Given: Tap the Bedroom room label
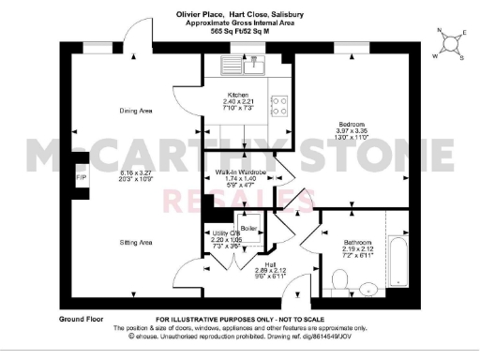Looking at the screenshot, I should [355, 124].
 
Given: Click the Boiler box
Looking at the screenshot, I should [249, 230].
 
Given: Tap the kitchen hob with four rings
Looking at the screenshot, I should [278, 105].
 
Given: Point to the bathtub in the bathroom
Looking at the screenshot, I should [398, 260].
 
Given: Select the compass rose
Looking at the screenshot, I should [448, 41].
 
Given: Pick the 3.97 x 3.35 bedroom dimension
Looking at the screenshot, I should [355, 131].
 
